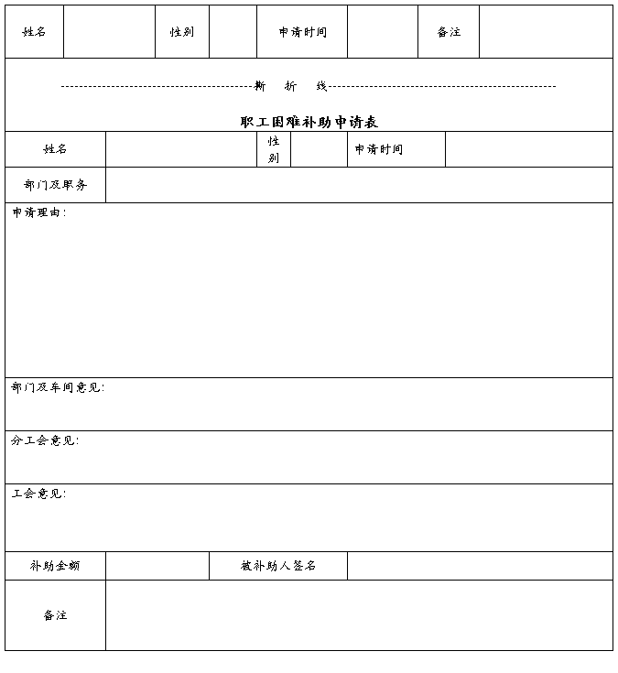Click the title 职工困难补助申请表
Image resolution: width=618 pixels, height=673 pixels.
(x=309, y=122)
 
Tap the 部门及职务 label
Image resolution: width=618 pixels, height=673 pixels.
(x=55, y=185)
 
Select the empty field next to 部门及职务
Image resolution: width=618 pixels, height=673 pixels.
(x=359, y=185)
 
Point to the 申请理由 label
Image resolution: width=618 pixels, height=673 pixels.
(x=38, y=213)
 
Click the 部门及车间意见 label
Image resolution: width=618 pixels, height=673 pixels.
(x=58, y=387)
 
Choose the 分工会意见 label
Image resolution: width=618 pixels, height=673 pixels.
(x=45, y=440)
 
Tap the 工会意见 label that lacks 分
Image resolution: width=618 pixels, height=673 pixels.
(x=38, y=494)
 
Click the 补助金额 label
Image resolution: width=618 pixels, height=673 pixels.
(x=55, y=566)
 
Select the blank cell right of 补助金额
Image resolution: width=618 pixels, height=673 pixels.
(x=157, y=566)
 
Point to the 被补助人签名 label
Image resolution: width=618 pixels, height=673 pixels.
(x=278, y=566)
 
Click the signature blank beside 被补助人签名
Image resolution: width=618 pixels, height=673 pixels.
(x=480, y=566)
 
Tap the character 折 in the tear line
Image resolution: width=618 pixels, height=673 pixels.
(x=290, y=86)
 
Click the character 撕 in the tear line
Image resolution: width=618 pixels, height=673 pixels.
(x=260, y=86)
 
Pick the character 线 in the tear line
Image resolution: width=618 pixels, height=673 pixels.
(x=321, y=86)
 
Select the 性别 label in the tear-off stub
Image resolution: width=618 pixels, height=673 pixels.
(x=182, y=32)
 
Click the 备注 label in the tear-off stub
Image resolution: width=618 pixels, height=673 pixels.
(x=449, y=32)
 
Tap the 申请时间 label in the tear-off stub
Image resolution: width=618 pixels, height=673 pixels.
(x=303, y=32)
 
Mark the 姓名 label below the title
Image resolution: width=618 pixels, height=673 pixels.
(x=55, y=149)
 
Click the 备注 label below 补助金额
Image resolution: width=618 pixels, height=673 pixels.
(x=55, y=615)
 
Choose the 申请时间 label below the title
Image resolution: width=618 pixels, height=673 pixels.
(x=379, y=149)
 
